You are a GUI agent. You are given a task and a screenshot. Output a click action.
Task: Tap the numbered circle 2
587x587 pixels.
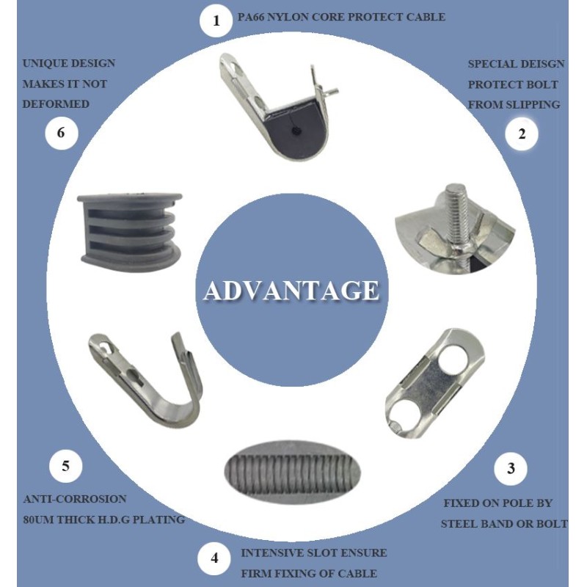click(x=522, y=134)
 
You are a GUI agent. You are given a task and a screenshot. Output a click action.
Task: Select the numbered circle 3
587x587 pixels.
click(x=511, y=468)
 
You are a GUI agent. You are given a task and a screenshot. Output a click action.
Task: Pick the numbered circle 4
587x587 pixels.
click(x=214, y=558)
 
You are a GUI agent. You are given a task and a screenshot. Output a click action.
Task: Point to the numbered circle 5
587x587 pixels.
click(x=66, y=466)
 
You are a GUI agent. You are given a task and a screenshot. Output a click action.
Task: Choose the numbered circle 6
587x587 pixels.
click(x=62, y=133)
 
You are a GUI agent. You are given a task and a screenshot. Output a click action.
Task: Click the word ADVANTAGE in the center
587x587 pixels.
click(x=291, y=291)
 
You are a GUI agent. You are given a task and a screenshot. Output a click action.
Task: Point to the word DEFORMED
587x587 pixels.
click(x=56, y=104)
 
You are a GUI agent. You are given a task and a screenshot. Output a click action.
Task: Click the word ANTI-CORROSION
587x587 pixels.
click(x=75, y=499)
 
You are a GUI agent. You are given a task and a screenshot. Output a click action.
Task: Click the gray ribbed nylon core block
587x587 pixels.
click(x=130, y=229)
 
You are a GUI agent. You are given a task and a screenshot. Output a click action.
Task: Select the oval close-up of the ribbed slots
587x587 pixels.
click(x=292, y=470)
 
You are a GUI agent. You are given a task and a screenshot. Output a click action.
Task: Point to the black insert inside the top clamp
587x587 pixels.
click(x=296, y=130)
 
